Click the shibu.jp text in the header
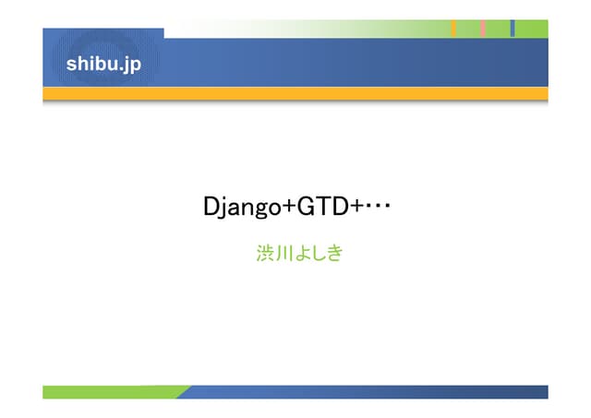click(x=103, y=65)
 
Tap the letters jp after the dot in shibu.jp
click(x=132, y=66)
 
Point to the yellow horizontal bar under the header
click(x=295, y=93)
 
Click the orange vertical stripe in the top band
click(x=453, y=29)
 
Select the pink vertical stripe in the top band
click(x=483, y=29)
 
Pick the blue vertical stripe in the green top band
click(x=513, y=29)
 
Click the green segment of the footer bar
click(x=111, y=392)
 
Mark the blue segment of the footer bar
click(x=369, y=392)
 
